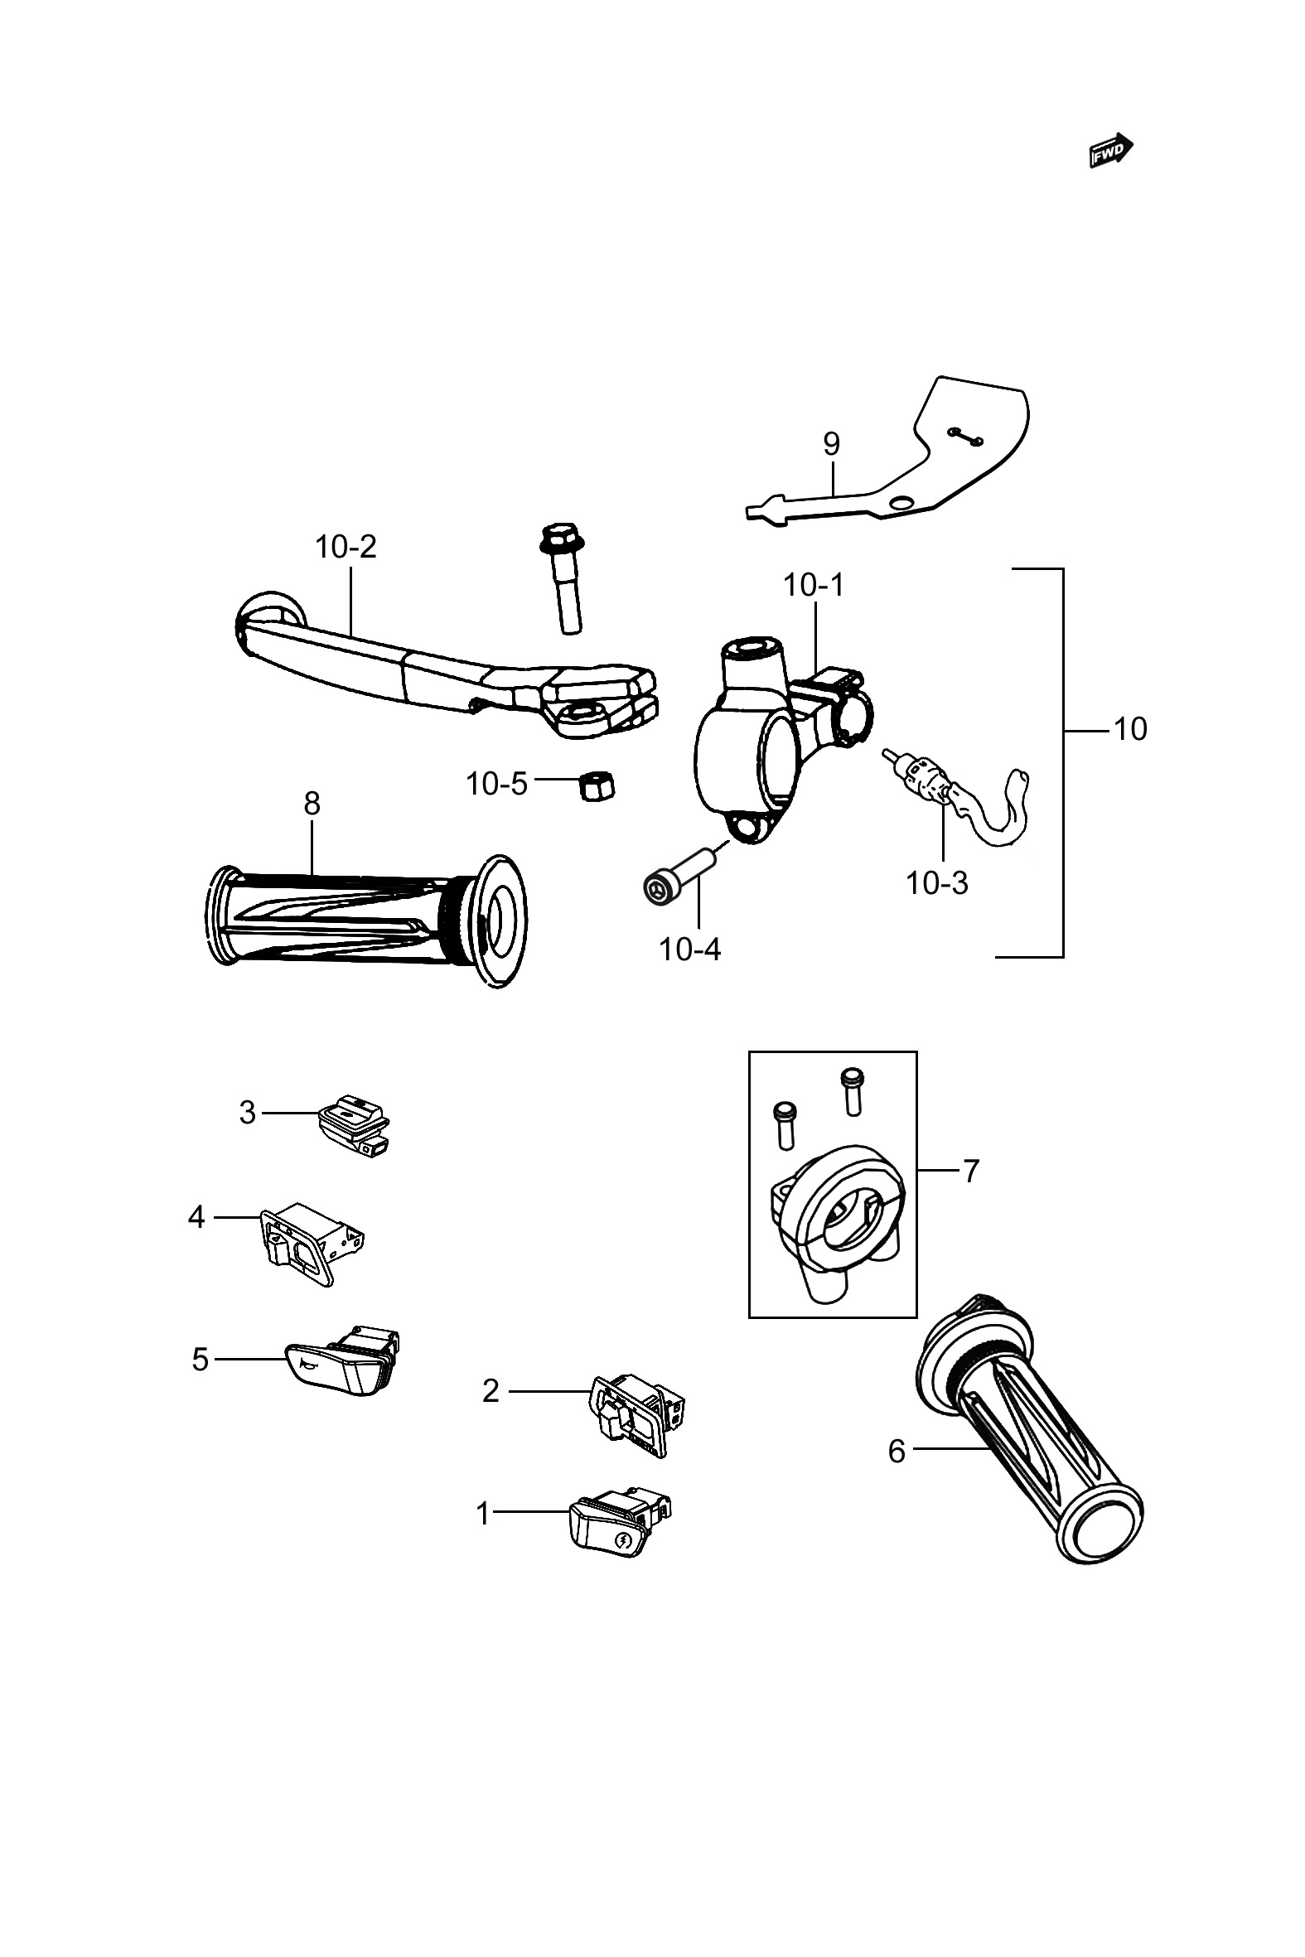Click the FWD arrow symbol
click(x=1111, y=151)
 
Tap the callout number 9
click(x=831, y=444)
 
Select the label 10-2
click(x=346, y=547)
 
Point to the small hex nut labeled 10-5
click(x=596, y=785)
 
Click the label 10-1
click(x=813, y=586)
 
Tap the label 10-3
click(x=936, y=883)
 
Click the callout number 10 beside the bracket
click(x=1129, y=729)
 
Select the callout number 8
click(x=312, y=804)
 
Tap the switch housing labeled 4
click(x=309, y=1245)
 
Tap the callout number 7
click(x=970, y=1172)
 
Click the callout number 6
click(x=897, y=1451)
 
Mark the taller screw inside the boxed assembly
click(x=851, y=1091)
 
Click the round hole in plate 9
click(x=900, y=504)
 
